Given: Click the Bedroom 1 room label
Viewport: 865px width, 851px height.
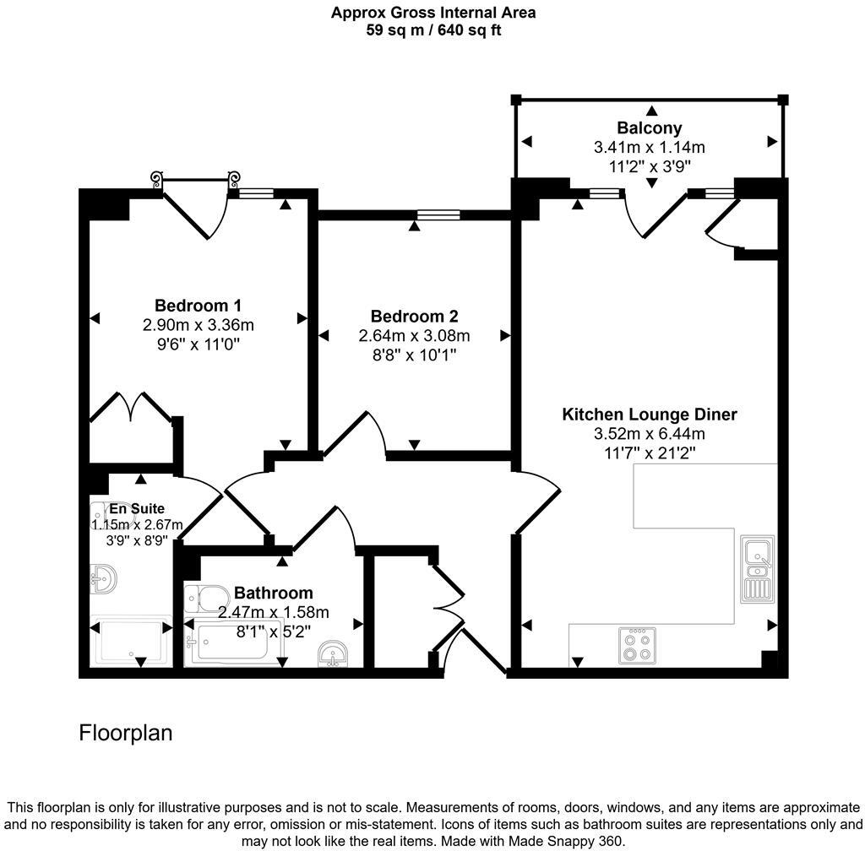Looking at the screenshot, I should pos(199,306).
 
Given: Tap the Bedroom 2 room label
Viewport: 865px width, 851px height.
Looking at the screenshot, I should pos(414,317).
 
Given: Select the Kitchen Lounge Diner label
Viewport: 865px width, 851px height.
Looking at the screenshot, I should pos(650,415).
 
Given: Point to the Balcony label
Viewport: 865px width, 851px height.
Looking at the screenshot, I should pos(649,128).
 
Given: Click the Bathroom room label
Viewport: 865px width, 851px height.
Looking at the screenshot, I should pos(274,593).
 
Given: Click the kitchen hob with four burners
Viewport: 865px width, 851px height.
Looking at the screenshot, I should pos(637,646).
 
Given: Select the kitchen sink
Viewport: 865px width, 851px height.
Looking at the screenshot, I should pos(758,569).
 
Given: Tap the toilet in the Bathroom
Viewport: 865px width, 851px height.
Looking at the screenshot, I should pos(203,598).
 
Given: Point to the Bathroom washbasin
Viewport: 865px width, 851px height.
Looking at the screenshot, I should pos(335,654).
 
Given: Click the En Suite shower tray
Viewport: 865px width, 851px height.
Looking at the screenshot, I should pos(131,644).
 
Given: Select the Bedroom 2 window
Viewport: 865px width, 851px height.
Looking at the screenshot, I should pos(438,215).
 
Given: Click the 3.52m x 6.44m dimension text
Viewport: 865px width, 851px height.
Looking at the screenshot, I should pos(650,434).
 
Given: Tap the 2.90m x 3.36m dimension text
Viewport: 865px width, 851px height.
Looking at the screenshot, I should pos(199,325).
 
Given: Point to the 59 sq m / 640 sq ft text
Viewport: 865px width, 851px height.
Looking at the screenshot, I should pos(432,30).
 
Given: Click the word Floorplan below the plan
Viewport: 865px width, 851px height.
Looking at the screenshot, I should pos(126,733).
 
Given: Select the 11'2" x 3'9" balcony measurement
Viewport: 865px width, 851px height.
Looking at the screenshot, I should pos(649,166).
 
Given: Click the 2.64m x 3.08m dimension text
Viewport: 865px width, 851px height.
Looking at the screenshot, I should pos(414,336).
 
